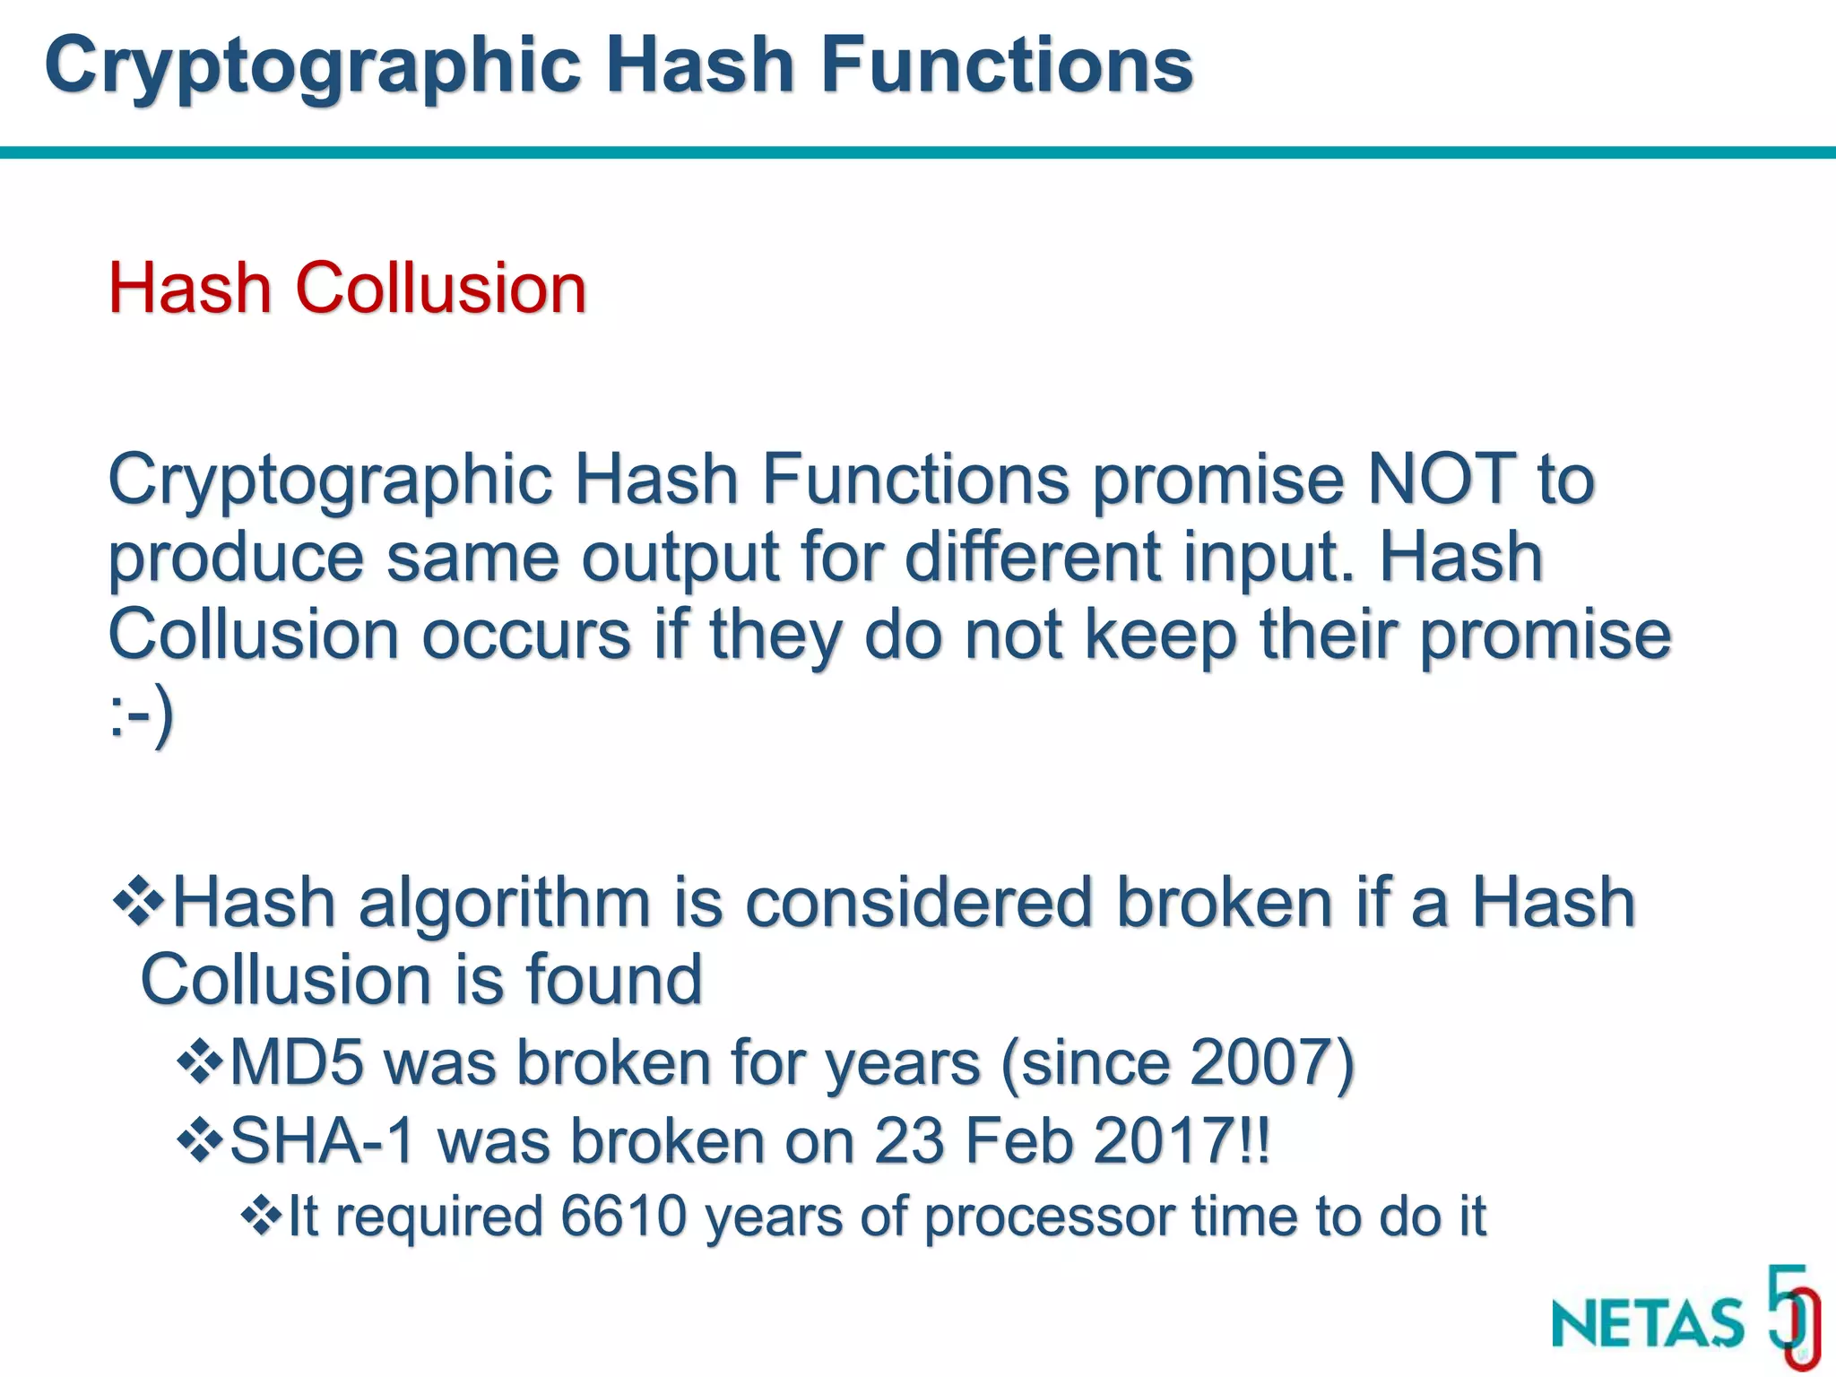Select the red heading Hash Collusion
tap(347, 288)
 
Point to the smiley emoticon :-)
tap(141, 716)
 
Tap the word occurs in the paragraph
tap(526, 635)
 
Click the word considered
tap(919, 902)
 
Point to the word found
tap(613, 979)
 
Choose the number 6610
tap(624, 1217)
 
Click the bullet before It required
tap(261, 1216)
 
